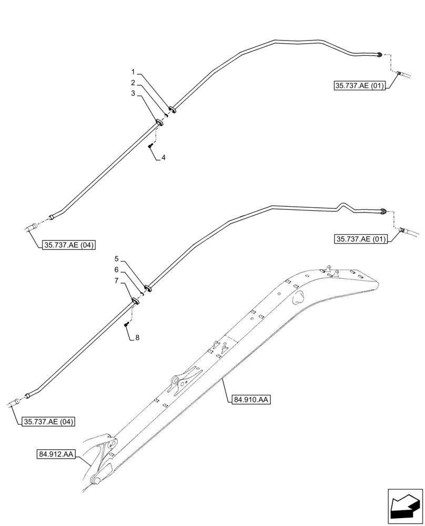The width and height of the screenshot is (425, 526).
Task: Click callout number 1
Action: [x=134, y=72]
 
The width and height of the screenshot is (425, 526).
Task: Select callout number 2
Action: [x=134, y=83]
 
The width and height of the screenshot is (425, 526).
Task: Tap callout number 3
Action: [x=134, y=94]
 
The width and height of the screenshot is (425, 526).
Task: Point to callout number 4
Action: [x=164, y=157]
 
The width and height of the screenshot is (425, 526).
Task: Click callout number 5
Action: [x=117, y=259]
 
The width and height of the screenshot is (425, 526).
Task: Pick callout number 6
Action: [x=117, y=270]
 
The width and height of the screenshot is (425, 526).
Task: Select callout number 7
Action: [x=117, y=281]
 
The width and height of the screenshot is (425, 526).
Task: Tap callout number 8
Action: [x=137, y=338]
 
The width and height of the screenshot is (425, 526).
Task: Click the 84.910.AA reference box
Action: [x=249, y=400]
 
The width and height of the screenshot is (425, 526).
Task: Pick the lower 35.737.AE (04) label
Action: [x=48, y=421]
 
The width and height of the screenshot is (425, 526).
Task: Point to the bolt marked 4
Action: [x=151, y=145]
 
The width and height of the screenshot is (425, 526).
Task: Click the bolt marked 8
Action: [x=127, y=325]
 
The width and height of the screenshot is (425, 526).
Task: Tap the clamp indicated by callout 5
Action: [x=148, y=289]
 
